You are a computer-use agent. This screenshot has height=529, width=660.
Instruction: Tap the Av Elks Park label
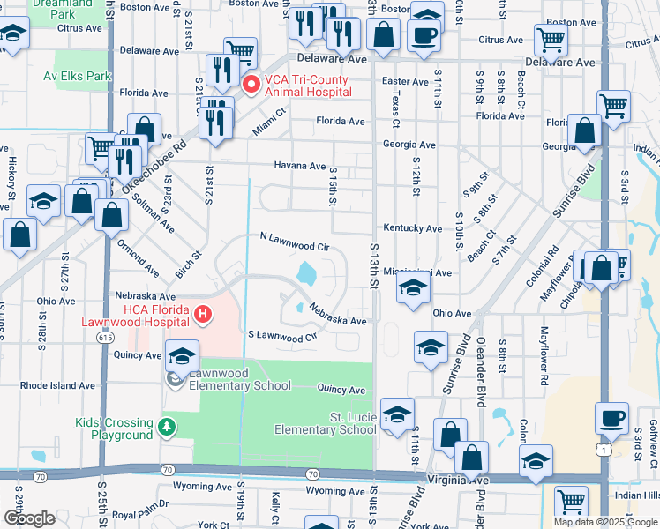tap(78, 76)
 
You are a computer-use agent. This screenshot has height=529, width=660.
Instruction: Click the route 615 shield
tap(107, 338)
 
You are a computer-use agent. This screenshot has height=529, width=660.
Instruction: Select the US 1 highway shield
tap(602, 450)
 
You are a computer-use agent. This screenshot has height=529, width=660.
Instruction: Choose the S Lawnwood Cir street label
tap(282, 336)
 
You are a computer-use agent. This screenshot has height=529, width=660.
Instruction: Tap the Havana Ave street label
tap(299, 166)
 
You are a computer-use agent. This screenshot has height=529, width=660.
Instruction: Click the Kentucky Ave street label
tap(412, 228)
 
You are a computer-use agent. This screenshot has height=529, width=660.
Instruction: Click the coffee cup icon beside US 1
tap(611, 418)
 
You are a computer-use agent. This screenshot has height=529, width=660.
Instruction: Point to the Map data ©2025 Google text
tap(604, 521)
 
